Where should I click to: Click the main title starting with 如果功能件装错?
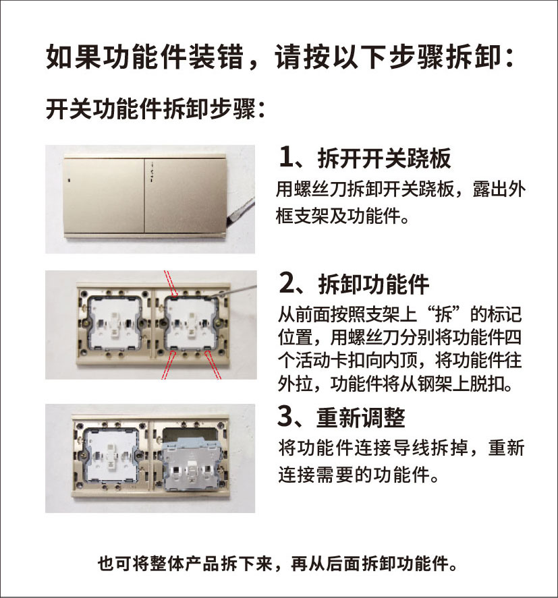coord(280,57)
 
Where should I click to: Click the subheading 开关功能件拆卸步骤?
coord(155,109)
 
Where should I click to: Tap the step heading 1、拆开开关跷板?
coord(365,158)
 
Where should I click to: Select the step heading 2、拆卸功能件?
coord(355,284)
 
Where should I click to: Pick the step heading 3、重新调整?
coord(341,417)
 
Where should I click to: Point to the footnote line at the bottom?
coord(277,564)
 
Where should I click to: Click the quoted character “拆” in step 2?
coord(443,315)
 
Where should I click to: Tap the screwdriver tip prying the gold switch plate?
coord(228,221)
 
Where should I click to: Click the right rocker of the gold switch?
coord(186,196)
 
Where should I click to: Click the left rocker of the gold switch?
coord(104,196)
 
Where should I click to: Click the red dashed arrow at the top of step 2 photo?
coord(171,283)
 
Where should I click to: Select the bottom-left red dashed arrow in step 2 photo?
coord(168,365)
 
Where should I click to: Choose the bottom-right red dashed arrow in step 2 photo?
coord(213,365)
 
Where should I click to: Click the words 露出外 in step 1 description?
coord(499,189)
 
